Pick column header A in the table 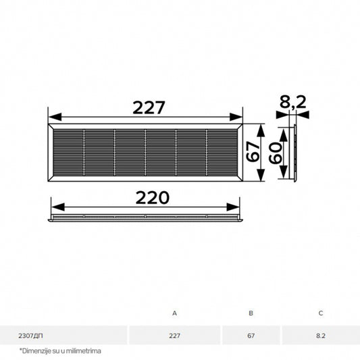(174, 313)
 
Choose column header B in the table (251, 313)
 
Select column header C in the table (321, 313)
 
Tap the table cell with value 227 (174, 335)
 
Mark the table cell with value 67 (251, 335)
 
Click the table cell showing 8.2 (321, 335)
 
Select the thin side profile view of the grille (294, 153)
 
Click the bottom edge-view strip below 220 (145, 219)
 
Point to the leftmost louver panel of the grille (68, 153)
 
